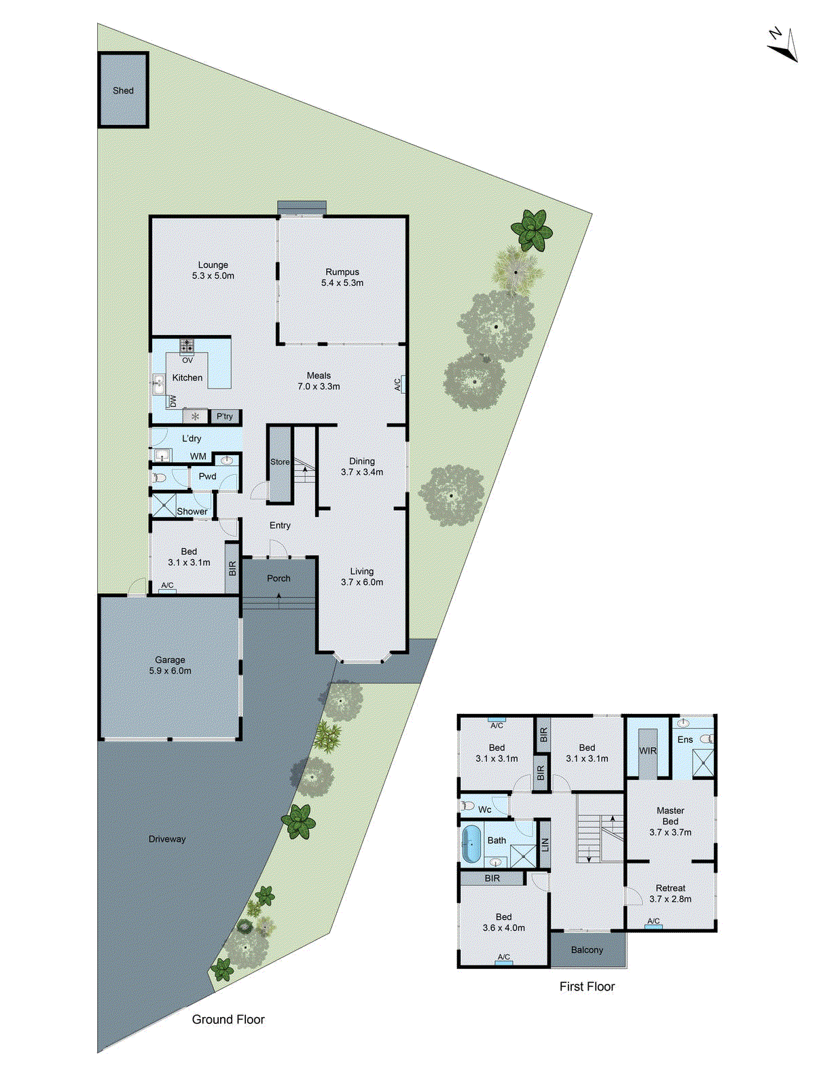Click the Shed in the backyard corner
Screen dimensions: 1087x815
123,90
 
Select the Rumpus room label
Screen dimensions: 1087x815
342,272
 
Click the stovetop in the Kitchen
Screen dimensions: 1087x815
187,346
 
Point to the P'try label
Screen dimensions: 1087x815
225,416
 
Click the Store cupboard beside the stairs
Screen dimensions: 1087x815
280,462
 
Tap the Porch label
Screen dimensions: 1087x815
278,578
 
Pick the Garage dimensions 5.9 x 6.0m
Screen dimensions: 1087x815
170,671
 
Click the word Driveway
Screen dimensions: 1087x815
167,839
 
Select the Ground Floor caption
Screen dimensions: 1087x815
228,1019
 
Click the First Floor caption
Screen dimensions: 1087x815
587,986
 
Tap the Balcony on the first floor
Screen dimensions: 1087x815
587,950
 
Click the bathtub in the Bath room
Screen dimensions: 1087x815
470,844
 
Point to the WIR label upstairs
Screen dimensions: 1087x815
648,751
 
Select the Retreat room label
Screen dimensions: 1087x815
670,888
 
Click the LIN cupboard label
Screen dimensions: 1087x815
544,844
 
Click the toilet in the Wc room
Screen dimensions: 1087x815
468,806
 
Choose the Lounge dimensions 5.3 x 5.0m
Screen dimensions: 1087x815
213,276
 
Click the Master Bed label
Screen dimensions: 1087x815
670,816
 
